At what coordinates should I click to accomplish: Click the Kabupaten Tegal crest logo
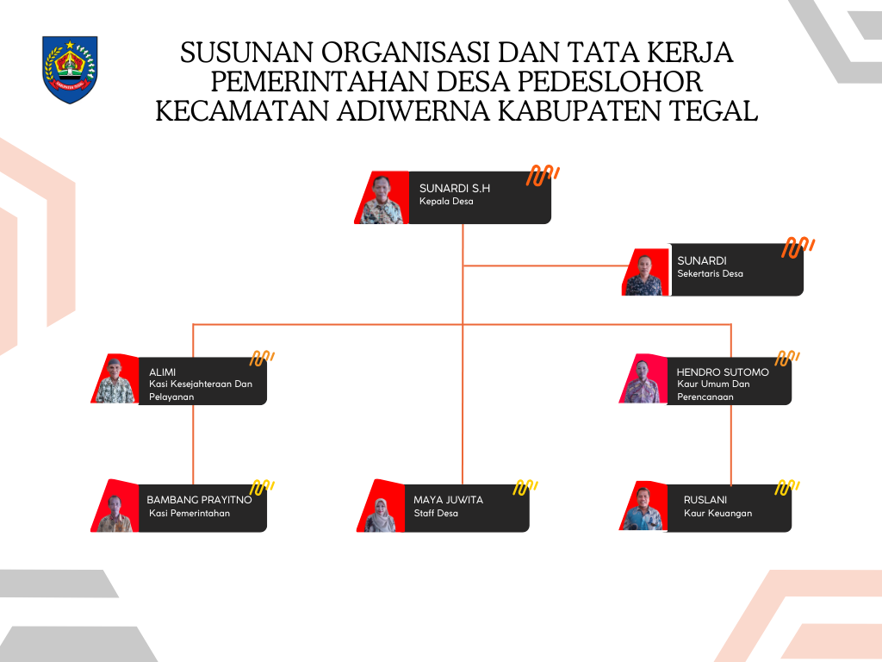(70, 69)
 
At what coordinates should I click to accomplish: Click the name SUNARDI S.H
(454, 187)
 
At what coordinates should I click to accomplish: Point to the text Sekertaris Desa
(710, 273)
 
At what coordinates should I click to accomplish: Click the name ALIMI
(163, 372)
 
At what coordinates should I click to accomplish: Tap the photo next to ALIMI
(115, 380)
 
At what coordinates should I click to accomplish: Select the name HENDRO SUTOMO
(723, 372)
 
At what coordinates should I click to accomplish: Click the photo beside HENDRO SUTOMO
(643, 380)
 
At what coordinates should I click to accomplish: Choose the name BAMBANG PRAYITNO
(199, 499)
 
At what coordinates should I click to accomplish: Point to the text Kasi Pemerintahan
(189, 513)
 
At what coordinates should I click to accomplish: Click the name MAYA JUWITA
(448, 499)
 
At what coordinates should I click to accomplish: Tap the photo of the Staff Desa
(380, 508)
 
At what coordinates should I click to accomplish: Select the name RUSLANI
(705, 499)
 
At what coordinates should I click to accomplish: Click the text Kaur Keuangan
(717, 513)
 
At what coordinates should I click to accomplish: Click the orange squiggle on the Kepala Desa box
(543, 175)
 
